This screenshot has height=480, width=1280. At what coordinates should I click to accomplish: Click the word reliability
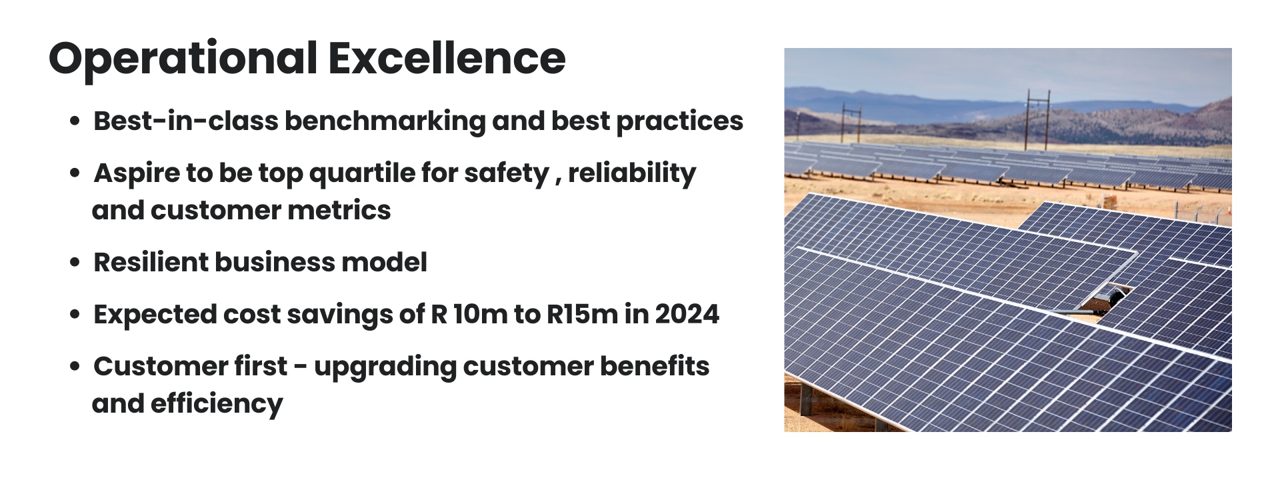pos(631,173)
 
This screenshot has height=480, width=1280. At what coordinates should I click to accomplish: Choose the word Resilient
pos(150,263)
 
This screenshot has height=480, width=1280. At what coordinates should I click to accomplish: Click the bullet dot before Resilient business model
pos(75,263)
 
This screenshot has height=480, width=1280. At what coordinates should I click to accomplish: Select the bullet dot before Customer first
pos(75,367)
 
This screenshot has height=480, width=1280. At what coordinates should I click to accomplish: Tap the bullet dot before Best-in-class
pos(75,122)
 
